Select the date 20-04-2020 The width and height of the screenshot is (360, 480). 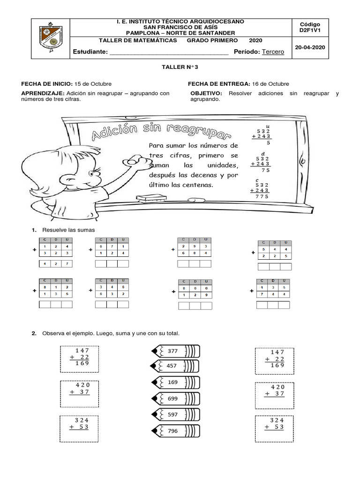click(x=309, y=47)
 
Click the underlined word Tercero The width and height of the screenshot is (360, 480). click(x=273, y=52)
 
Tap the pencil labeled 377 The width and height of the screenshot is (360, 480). click(x=175, y=351)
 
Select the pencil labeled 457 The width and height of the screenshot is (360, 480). click(x=175, y=365)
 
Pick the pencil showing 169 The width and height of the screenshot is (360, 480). click(x=175, y=382)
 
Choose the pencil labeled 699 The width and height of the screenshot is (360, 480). click(x=175, y=398)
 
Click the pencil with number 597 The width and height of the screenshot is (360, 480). click(x=175, y=415)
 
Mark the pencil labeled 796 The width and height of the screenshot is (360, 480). click(x=175, y=431)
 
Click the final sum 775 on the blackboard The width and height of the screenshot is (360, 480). click(x=262, y=197)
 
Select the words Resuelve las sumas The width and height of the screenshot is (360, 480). click(x=68, y=230)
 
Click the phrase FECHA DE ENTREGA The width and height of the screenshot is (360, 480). click(x=217, y=84)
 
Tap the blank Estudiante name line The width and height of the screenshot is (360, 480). click(x=169, y=52)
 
